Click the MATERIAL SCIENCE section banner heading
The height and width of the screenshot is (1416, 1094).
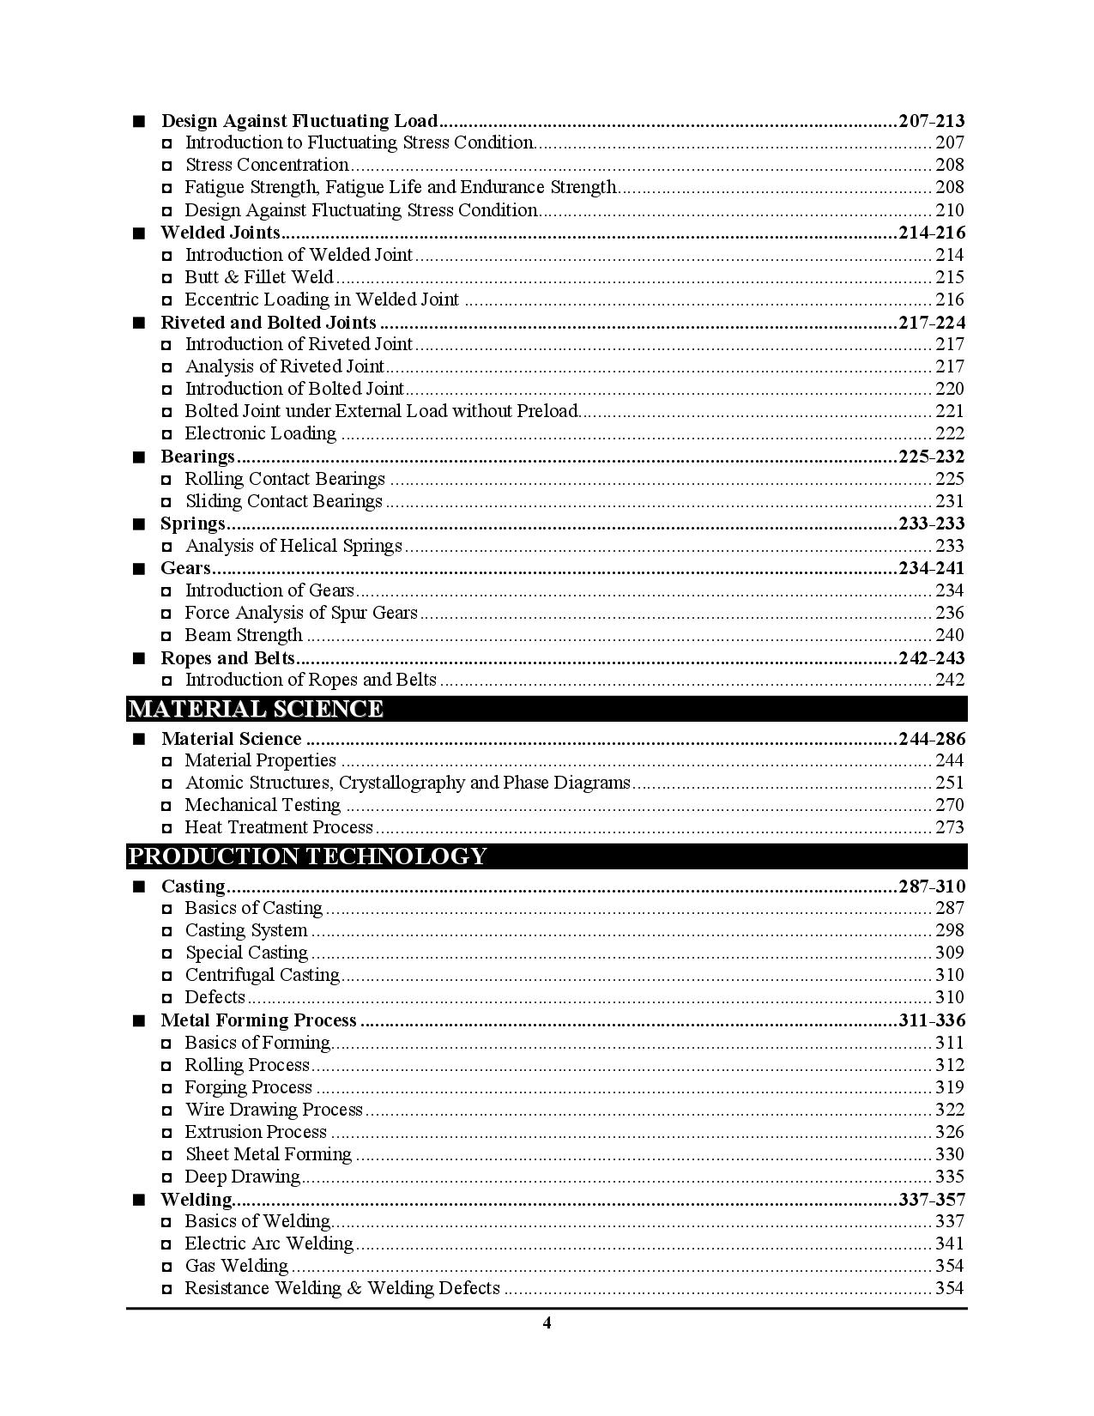255,709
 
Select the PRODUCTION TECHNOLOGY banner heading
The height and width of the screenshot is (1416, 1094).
306,856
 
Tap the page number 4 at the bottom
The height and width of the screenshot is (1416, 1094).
547,1322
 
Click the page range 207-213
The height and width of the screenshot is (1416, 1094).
931,121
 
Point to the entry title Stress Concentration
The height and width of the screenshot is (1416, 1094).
267,165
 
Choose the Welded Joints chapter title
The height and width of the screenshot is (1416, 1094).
221,233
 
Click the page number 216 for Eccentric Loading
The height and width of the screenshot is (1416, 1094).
950,300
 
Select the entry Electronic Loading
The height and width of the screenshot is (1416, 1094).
260,433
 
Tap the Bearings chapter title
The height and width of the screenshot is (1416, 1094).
197,457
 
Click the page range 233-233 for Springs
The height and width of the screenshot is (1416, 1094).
931,523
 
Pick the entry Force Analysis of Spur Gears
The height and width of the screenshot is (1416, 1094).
301,613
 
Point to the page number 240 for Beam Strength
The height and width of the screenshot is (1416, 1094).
950,635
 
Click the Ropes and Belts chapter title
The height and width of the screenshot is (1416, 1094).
227,658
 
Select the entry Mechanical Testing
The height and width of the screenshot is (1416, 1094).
263,805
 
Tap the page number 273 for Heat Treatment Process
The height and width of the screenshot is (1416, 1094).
950,827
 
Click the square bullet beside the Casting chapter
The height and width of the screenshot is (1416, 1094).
139,887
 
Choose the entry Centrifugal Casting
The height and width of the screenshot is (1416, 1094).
262,975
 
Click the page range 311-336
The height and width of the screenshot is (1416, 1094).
931,1020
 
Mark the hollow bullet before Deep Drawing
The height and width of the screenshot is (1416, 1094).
166,1177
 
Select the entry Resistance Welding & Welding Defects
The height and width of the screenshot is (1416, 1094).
341,1288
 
